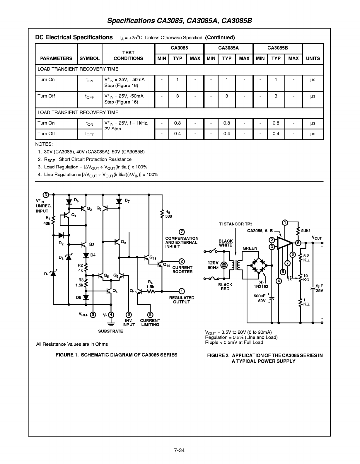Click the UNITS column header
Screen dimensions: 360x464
pos(313,59)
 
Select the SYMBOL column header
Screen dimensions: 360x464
pos(89,59)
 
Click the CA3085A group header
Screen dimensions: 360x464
pos(228,48)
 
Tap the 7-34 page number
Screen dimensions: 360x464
pos(179,450)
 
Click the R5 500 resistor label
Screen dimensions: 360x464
pos(168,214)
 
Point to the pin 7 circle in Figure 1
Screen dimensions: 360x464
pos(182,232)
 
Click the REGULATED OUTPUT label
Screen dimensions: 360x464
pos(182,300)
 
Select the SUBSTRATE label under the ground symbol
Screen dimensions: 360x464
pos(110,331)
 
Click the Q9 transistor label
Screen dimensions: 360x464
pos(123,242)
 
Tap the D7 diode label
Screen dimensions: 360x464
pos(127,200)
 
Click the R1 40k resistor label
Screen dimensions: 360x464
pos(47,221)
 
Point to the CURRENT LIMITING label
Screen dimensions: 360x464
pos(150,323)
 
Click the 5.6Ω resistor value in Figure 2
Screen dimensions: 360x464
pos(306,231)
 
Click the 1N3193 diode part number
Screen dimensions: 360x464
pos(261,286)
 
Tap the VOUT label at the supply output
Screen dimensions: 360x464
pos(317,238)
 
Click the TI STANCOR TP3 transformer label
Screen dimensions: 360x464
pos(236,224)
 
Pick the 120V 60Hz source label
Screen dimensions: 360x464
pos(213,265)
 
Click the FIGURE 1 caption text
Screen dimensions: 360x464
pos(116,355)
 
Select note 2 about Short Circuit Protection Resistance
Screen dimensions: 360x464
pos(85,160)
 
